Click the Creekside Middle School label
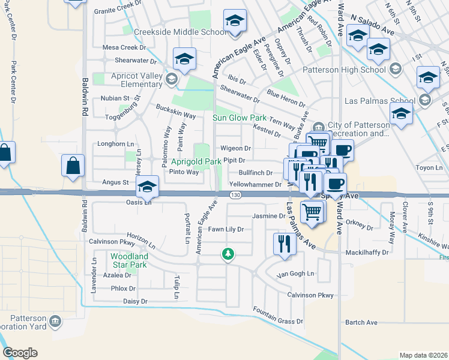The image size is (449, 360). [172, 32]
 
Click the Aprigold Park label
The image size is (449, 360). [196, 161]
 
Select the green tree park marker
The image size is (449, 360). [228, 254]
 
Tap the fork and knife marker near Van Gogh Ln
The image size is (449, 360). [284, 243]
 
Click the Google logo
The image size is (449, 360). [20, 353]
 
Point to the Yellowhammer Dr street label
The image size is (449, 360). [255, 185]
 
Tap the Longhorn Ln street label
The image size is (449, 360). [116, 144]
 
